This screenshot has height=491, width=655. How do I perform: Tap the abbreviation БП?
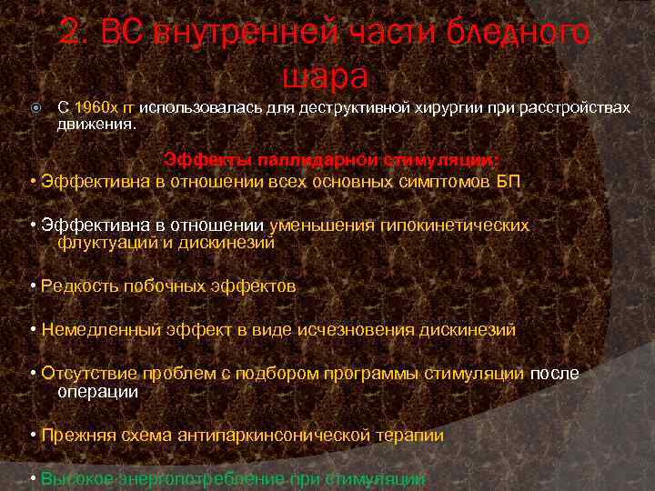(x=509, y=181)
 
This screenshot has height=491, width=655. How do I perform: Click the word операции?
(x=98, y=392)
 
